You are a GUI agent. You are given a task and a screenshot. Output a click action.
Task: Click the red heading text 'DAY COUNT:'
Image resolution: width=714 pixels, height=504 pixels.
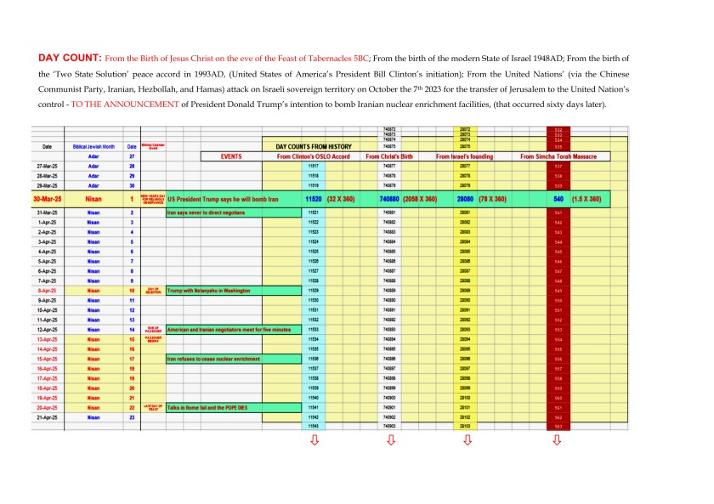[71, 58]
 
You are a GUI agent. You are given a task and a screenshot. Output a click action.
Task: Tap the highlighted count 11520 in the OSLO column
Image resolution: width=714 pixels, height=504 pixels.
[313, 198]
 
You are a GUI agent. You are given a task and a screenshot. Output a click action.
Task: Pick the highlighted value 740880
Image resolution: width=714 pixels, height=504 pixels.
[389, 198]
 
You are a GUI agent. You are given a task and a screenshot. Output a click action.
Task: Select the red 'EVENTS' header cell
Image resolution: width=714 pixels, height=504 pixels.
[231, 157]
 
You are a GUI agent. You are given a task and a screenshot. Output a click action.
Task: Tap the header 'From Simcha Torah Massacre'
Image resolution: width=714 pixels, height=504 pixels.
[558, 157]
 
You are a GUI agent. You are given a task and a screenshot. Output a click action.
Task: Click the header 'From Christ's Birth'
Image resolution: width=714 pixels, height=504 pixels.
[389, 157]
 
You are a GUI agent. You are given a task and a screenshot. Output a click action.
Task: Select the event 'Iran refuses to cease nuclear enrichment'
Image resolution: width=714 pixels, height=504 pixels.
[213, 360]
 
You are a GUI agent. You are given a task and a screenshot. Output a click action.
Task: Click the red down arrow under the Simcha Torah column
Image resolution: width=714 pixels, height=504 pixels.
[557, 440]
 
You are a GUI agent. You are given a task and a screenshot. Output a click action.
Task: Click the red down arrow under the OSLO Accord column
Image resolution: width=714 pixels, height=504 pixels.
[313, 440]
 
